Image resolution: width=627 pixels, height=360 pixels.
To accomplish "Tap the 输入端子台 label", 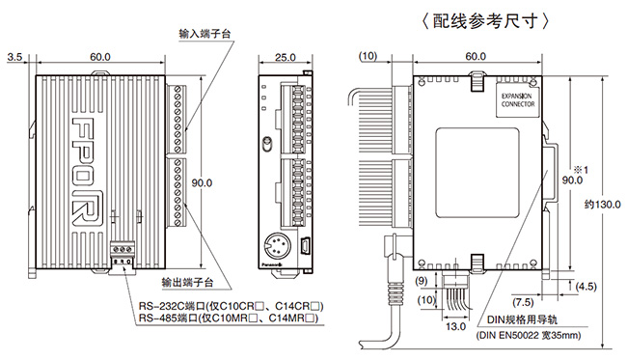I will point(205,33).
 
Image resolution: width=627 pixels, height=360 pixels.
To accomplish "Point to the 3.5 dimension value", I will point(14,58).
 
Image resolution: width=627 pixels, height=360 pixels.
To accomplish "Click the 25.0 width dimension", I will point(285,58).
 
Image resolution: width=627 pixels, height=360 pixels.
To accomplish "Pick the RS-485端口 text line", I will point(228,318).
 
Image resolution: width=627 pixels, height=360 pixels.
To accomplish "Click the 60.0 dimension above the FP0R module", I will point(99,58).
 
